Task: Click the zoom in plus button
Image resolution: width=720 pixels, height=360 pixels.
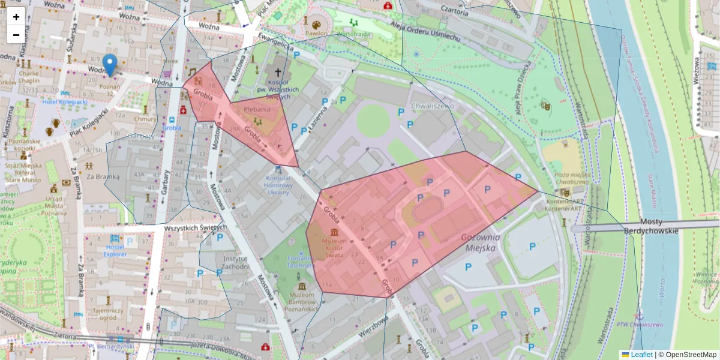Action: pyautogui.click(x=16, y=17)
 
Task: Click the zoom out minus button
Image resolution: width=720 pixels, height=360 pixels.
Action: pyautogui.click(x=16, y=35)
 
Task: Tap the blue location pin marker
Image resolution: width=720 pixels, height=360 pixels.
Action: pyautogui.click(x=110, y=65)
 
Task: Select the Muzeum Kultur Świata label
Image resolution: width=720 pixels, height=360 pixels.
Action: pyautogui.click(x=334, y=247)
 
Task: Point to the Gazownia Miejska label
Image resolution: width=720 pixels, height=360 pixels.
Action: pyautogui.click(x=478, y=242)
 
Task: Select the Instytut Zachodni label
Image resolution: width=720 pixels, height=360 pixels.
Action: pyautogui.click(x=235, y=262)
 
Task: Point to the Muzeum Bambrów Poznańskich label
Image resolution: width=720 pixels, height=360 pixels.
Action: pyautogui.click(x=302, y=300)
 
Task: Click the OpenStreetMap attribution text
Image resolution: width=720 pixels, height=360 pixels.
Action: pyautogui.click(x=687, y=355)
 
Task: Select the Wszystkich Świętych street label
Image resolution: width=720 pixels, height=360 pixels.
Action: pyautogui.click(x=195, y=228)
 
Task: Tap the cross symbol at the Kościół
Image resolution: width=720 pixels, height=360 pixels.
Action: pyautogui.click(x=277, y=71)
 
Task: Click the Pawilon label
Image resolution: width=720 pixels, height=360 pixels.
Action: pyautogui.click(x=316, y=34)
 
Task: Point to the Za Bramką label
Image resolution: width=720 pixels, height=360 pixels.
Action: pyautogui.click(x=103, y=177)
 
